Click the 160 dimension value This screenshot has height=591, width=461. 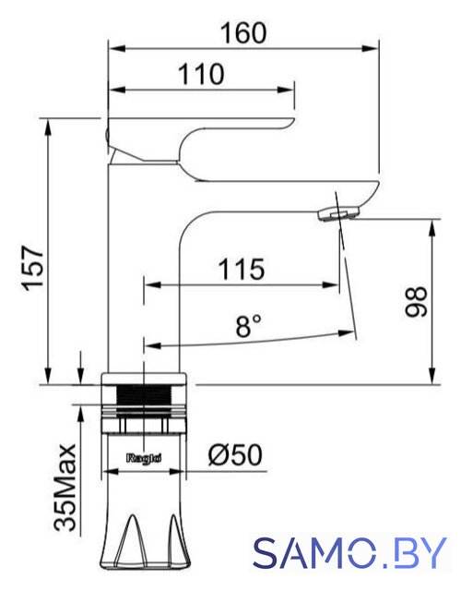[x=243, y=33]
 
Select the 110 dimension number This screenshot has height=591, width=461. [x=201, y=74]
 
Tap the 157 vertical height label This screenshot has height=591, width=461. [x=33, y=268]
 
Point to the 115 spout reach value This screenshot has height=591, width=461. [x=242, y=269]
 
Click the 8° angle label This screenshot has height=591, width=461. [x=248, y=326]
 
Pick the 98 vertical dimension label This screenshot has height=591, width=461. [x=416, y=302]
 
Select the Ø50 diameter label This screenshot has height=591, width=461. [x=235, y=454]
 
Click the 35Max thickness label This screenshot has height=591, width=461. [x=65, y=488]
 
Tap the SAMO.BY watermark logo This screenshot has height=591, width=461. [x=350, y=553]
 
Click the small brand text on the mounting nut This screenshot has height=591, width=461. [x=144, y=458]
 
